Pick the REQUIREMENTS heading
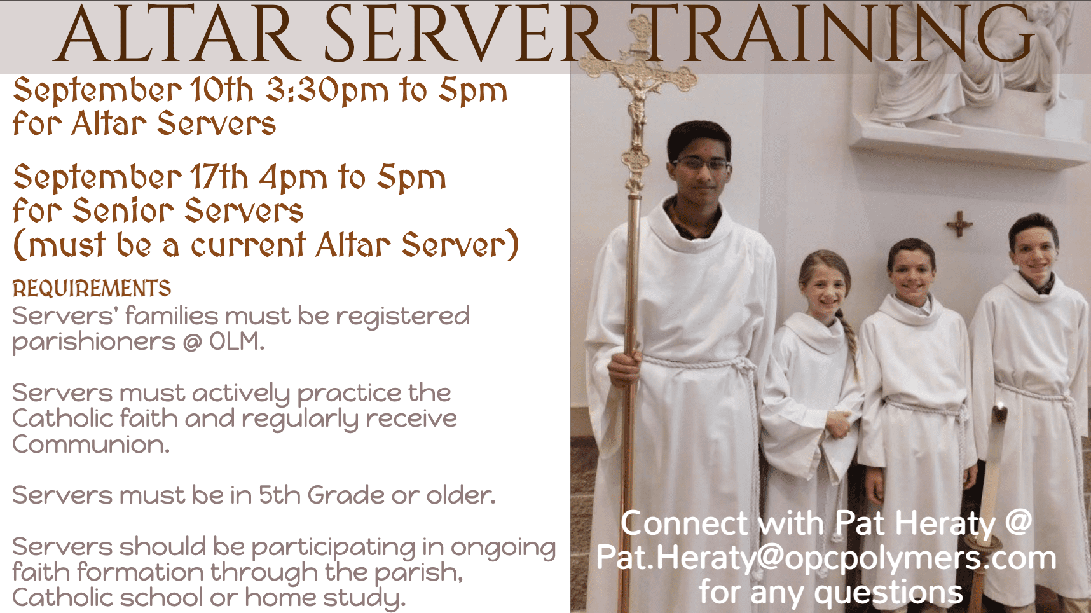[x=92, y=289]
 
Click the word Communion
[x=91, y=444]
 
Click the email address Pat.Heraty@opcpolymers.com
[x=826, y=559]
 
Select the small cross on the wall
[x=959, y=224]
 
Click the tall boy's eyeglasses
[x=701, y=163]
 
